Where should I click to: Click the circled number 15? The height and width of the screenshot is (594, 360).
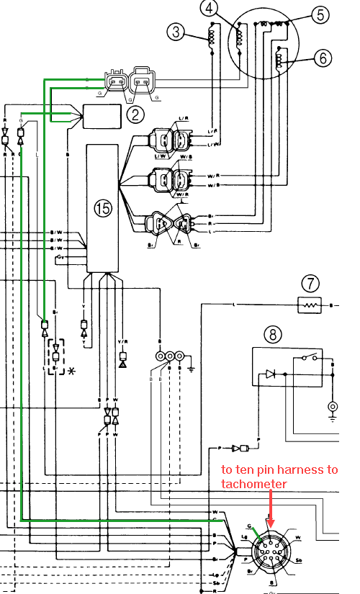point(104,208)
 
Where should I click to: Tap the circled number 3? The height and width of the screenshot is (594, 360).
point(175,32)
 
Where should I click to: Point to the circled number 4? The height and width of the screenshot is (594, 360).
point(209,9)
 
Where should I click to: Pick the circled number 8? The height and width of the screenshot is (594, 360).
point(272,334)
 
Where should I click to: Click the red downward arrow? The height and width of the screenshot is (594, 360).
point(271,508)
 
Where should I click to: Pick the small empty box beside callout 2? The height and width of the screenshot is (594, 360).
point(103,115)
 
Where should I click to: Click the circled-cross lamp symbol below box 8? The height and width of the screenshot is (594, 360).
point(333,407)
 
